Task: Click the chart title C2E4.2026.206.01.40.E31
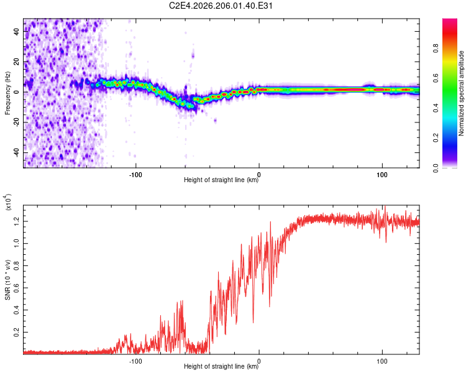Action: [221, 6]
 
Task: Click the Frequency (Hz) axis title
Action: [7, 93]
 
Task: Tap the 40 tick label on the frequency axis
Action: [16, 31]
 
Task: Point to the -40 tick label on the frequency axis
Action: [16, 153]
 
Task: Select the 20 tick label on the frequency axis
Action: [16, 62]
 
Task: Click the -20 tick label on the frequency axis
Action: [16, 122]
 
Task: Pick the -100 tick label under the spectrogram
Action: [135, 175]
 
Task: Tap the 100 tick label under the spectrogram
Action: [382, 175]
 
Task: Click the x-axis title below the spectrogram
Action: [221, 180]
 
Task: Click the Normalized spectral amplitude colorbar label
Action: [461, 93]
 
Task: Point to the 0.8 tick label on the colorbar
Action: [436, 48]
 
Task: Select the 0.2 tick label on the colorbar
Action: [436, 138]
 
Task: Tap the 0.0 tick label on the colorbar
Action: [436, 168]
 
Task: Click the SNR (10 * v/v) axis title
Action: [7, 280]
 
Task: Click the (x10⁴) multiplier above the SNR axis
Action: [7, 202]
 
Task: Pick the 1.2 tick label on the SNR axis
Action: [16, 221]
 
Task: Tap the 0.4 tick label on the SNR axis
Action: [16, 310]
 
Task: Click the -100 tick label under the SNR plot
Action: [135, 361]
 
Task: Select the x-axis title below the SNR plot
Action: [221, 366]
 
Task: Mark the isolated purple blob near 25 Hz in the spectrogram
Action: [193, 55]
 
